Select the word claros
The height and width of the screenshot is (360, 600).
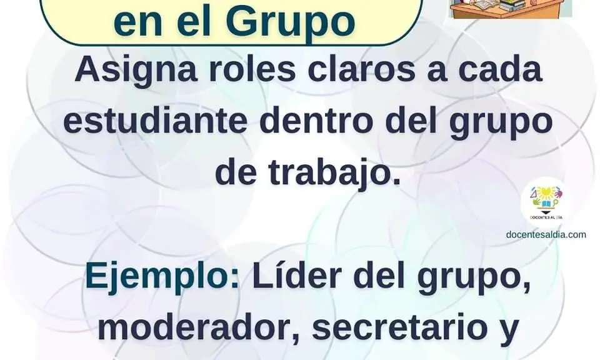coord(361,69)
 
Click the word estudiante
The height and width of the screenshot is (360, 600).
coord(155,121)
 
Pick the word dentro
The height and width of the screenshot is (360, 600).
coord(316,121)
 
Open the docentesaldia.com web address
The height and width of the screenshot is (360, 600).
coord(546,234)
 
